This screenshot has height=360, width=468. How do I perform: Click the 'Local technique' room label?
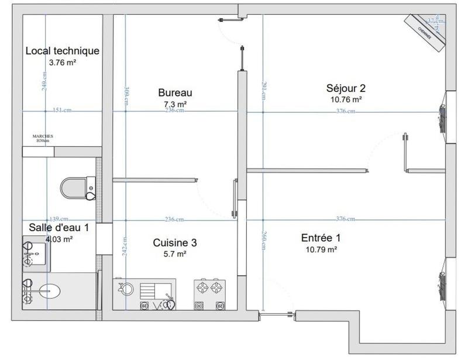(63, 51)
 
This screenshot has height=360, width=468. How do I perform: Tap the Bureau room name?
(175, 92)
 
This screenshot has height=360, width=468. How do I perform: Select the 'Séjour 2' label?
(346, 88)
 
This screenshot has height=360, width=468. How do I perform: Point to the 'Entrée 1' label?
(321, 238)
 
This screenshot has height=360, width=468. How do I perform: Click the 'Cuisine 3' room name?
(170, 242)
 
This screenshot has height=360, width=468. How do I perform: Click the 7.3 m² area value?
(175, 104)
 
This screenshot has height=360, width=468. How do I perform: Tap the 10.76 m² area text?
(346, 100)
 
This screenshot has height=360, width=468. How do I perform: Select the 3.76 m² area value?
(63, 62)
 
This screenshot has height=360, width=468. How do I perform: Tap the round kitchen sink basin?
(126, 288)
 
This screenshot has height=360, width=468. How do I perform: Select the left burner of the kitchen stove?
(202, 287)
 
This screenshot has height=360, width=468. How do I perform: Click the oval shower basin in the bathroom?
(51, 290)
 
